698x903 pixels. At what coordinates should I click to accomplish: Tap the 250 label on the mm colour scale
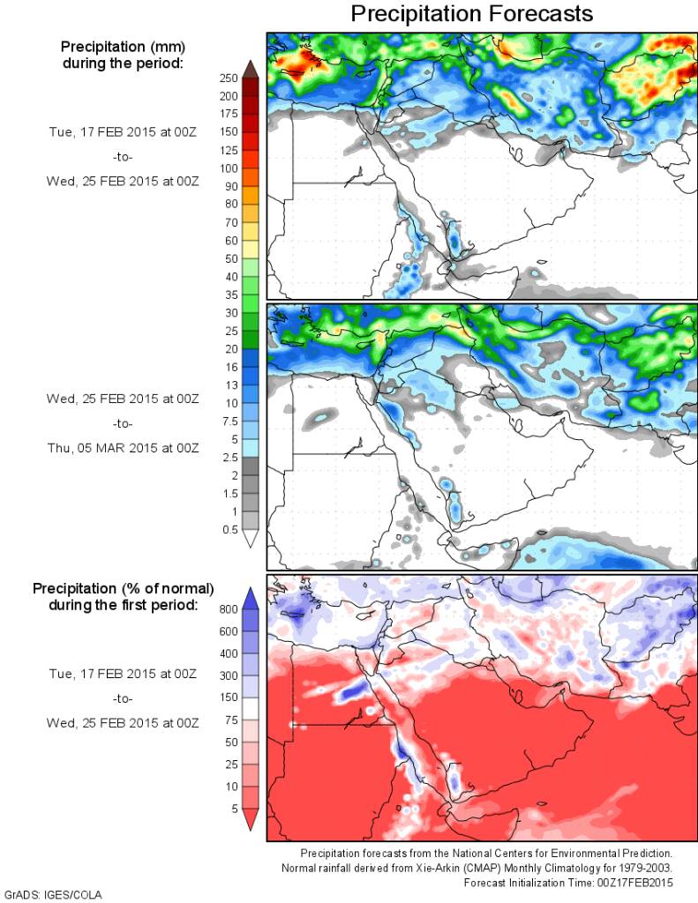tap(229, 78)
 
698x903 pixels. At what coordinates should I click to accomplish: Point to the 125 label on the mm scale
tap(229, 150)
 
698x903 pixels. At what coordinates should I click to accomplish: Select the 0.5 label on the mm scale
tap(229, 529)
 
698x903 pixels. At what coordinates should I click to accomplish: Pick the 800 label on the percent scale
tap(229, 608)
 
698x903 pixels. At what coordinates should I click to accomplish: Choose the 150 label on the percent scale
tap(229, 698)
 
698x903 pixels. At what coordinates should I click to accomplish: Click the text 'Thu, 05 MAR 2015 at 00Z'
tap(123, 448)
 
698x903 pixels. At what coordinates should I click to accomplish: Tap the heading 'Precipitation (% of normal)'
tap(123, 587)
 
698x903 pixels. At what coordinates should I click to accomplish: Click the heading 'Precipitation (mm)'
tap(123, 46)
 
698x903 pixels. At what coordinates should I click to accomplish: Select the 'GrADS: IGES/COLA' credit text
tap(53, 895)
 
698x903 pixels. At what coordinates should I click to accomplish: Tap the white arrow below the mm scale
tap(250, 539)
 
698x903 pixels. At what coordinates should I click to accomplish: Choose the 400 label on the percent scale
tap(229, 653)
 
